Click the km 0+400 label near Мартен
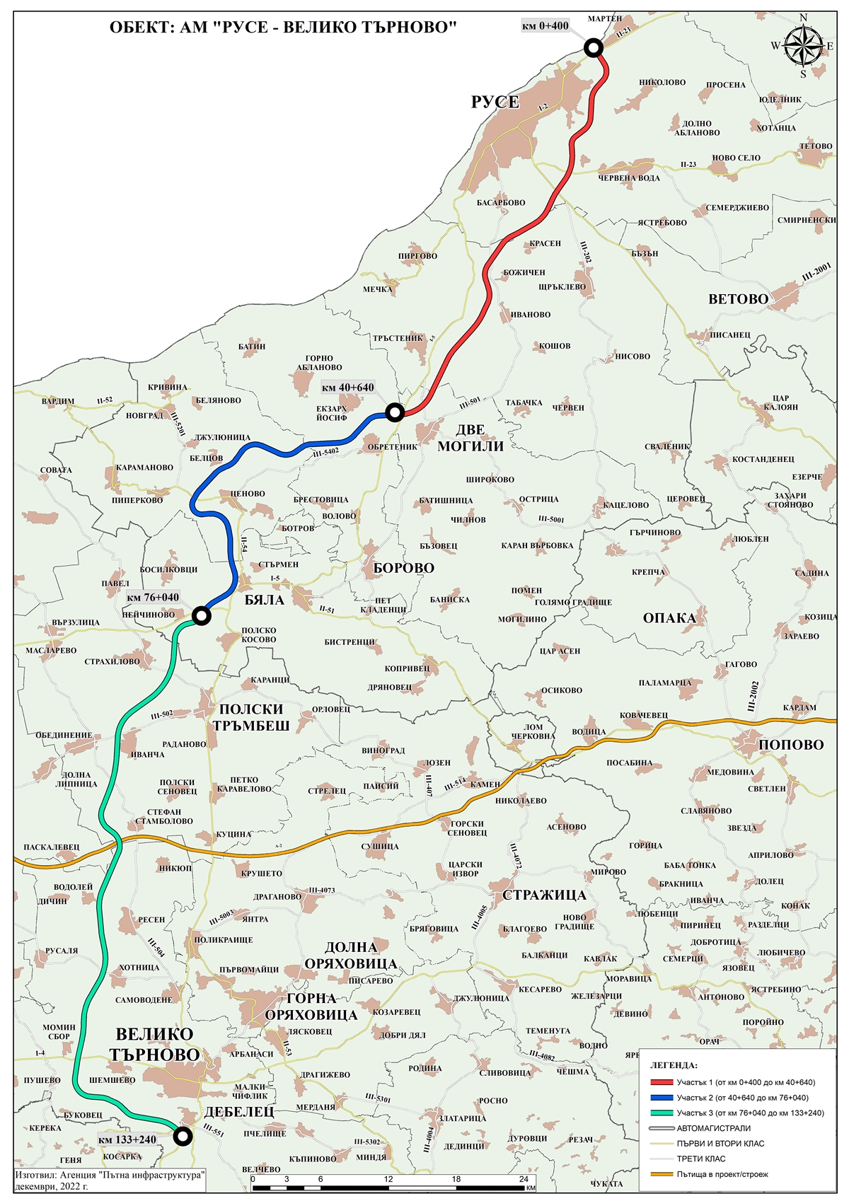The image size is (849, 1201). point(545,26)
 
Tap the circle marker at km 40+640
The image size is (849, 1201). point(395,412)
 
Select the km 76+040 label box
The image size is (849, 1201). point(153,598)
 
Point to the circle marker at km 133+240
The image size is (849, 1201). point(183,1136)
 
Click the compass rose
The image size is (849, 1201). point(802,47)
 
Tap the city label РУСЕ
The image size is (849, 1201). point(495,102)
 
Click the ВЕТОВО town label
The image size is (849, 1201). point(738,299)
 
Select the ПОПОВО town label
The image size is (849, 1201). point(791,745)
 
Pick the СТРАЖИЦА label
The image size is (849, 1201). point(544,895)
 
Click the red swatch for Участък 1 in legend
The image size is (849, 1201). point(662,1082)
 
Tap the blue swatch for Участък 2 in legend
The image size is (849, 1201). point(662,1098)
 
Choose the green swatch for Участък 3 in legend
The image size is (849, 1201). point(662,1113)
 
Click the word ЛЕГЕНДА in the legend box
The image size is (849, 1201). point(674,1065)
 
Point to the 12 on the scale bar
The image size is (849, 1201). point(388,1179)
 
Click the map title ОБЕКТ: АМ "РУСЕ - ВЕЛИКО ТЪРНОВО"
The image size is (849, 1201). point(283,28)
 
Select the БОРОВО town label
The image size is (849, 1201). point(403,568)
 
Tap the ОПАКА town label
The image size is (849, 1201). point(669,618)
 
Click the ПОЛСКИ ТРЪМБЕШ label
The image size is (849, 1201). point(251,717)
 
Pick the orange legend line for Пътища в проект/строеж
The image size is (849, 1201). point(662,1174)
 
